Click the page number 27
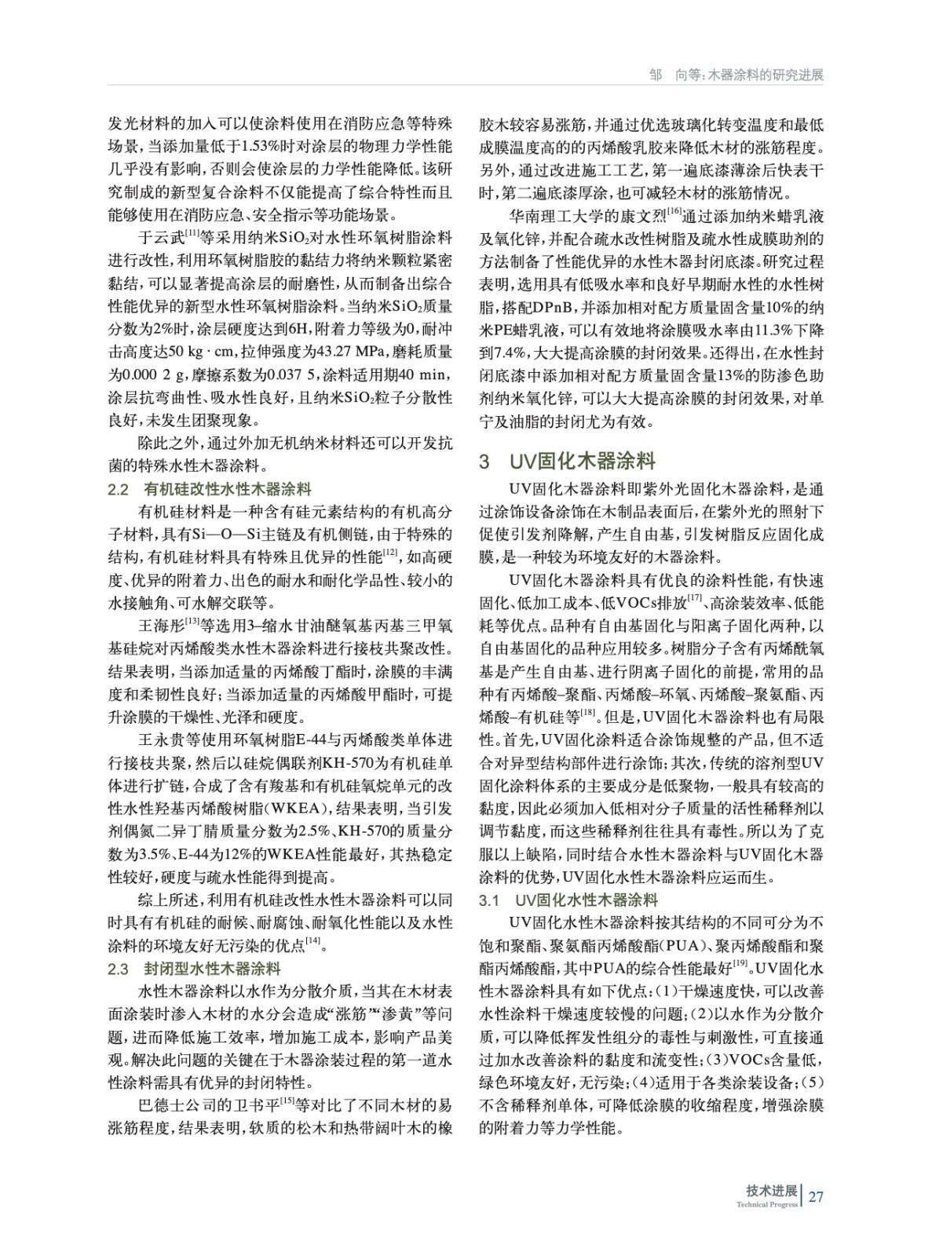point(815,1196)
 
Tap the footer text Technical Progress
point(766,1204)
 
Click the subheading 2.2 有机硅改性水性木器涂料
point(209,490)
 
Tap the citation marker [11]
point(192,233)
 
